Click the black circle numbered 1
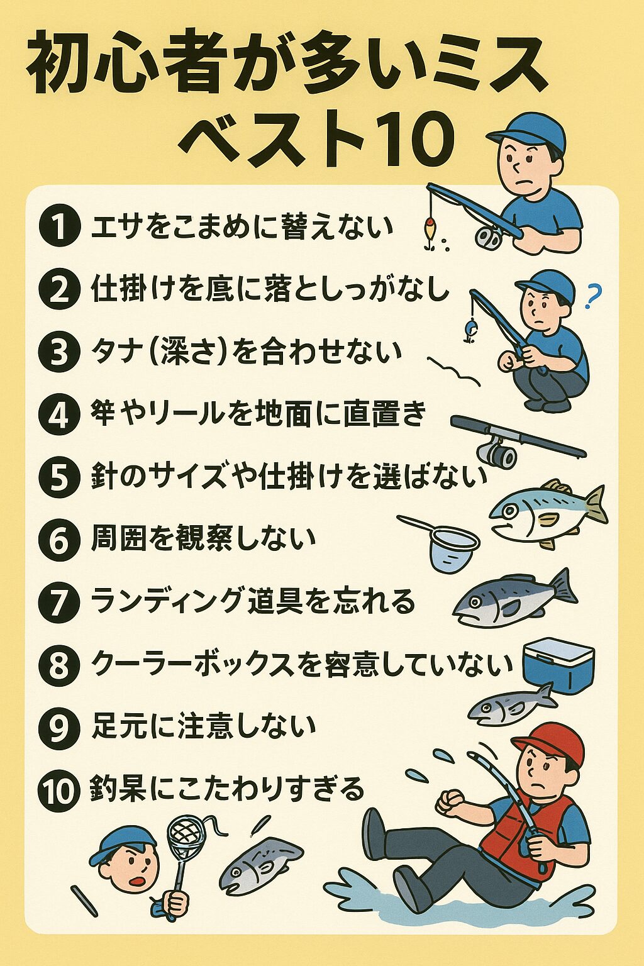(x=59, y=227)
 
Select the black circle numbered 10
(x=59, y=790)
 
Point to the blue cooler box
(x=558, y=666)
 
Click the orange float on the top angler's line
(x=430, y=227)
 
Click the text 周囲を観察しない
(x=203, y=539)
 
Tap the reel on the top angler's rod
(x=488, y=237)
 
